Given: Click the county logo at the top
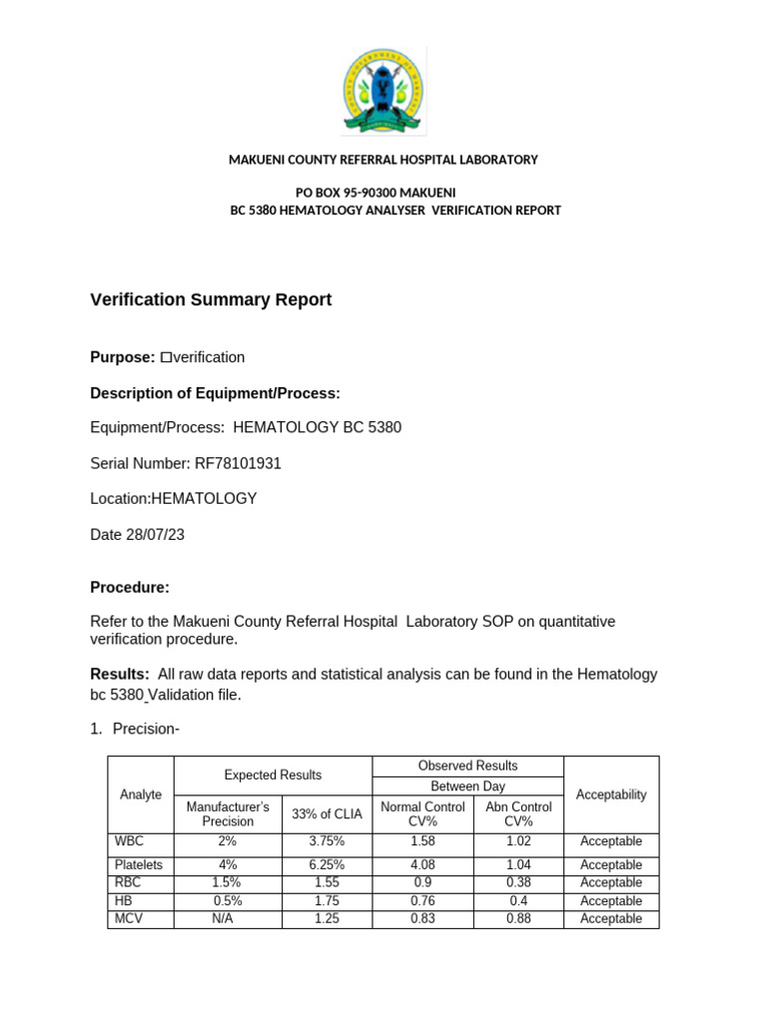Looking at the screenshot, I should (x=383, y=92).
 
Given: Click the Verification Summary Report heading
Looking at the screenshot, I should (x=211, y=299).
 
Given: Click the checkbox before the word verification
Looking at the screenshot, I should (x=166, y=357).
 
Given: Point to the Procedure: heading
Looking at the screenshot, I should (x=130, y=587).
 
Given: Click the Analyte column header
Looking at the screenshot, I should (x=141, y=794).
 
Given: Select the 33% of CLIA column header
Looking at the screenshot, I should (x=327, y=813).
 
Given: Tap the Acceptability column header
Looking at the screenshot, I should (x=611, y=794).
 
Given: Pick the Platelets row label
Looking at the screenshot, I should (x=140, y=865).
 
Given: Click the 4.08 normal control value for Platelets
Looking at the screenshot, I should (x=422, y=865).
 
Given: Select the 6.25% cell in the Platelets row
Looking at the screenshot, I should (x=327, y=865).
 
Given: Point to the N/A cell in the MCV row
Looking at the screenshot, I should (x=227, y=918).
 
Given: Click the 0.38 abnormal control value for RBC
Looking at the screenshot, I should (x=517, y=882).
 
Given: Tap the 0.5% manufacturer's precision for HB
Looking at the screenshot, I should (x=227, y=900).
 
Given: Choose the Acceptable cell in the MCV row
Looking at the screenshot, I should (x=611, y=918).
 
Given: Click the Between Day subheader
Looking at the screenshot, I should (x=467, y=786).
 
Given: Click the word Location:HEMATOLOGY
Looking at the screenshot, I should (x=174, y=499).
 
